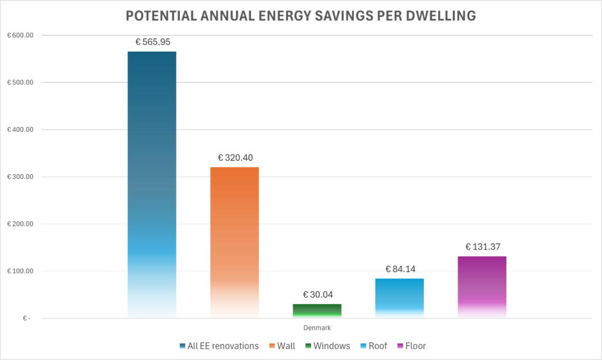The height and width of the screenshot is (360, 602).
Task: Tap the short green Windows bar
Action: coord(317,311)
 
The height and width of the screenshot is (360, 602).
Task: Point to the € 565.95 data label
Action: coord(152,42)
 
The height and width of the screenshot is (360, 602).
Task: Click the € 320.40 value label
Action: coord(235,158)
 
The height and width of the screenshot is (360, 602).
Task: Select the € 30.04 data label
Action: coord(317,294)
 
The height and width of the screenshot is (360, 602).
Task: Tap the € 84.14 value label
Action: coord(400,269)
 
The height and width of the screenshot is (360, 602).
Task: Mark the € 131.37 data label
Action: coord(482,246)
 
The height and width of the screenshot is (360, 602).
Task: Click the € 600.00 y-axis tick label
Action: coord(20,35)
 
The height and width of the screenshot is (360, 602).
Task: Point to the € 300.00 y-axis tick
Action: coord(20,177)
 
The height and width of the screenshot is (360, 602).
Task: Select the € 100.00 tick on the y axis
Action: coord(20,271)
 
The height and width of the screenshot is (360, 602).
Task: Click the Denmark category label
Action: coord(317,328)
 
